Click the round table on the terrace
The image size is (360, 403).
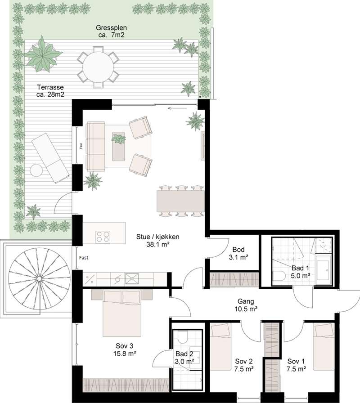[98, 67]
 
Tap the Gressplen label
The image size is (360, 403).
[111, 27]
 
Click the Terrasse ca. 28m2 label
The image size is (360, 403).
[50, 91]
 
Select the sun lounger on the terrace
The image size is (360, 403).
[50, 158]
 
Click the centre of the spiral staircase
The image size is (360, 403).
[39, 278]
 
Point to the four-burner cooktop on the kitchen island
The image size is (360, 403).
[103, 237]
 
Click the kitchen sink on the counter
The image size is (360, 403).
[132, 278]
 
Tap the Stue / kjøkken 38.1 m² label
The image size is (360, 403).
[157, 241]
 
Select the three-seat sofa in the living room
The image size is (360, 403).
[96, 146]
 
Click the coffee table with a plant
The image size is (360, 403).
[118, 146]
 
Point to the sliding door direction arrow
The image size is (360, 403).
[177, 108]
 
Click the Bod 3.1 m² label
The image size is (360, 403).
[238, 253]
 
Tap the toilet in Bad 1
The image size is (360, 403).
[279, 276]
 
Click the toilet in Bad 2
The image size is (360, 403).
[183, 337]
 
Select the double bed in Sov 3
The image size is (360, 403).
[122, 313]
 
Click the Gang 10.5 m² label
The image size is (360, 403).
[246, 305]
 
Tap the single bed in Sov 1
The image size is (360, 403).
[324, 347]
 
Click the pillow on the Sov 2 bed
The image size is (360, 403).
[220, 329]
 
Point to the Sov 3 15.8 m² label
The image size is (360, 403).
[125, 349]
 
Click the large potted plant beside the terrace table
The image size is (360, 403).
[42, 55]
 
